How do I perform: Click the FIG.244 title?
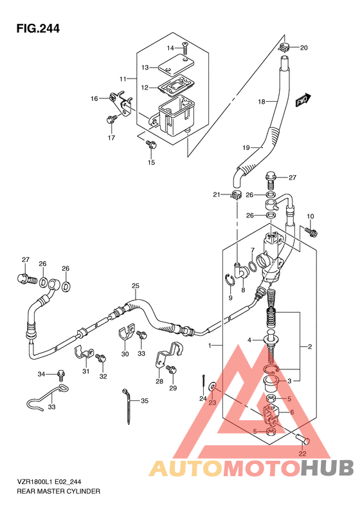(38, 28)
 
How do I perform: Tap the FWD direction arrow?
(303, 100)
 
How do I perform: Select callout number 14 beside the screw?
(170, 48)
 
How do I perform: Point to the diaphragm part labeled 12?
(174, 85)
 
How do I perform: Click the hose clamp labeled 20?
(283, 48)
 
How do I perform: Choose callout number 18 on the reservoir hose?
(262, 102)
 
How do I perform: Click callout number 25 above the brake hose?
(136, 286)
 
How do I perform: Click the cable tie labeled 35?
(128, 406)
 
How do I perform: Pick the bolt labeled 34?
(60, 375)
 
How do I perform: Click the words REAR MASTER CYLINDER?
(59, 491)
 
